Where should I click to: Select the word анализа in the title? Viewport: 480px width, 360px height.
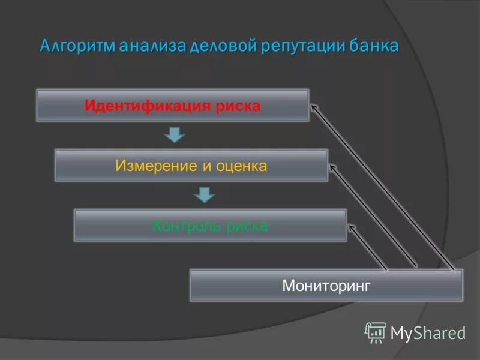152,47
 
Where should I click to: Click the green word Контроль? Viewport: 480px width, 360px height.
182,226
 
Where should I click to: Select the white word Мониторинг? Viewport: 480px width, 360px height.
326,286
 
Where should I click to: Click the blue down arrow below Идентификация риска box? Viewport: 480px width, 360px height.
174,135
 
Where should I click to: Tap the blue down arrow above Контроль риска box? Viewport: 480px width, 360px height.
204,195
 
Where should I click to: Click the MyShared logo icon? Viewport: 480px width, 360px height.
376,332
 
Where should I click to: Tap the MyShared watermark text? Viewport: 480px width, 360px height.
428,332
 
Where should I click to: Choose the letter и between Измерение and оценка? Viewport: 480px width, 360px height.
205,166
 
